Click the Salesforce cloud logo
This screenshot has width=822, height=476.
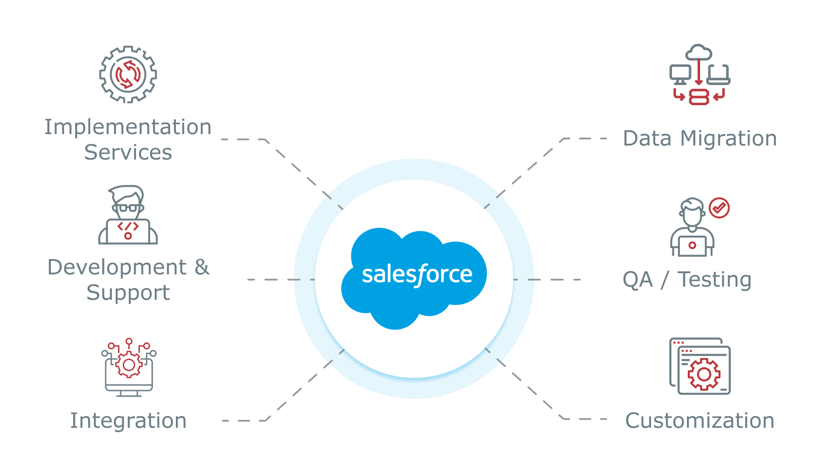[x=414, y=277]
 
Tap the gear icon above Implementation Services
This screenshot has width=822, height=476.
[x=128, y=75]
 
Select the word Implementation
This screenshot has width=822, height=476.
[x=128, y=127]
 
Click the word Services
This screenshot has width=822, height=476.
[x=128, y=153]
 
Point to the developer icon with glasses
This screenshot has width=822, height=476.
[x=128, y=214]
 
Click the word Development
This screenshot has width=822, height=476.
[x=117, y=267]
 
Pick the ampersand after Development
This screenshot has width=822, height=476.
[x=202, y=267]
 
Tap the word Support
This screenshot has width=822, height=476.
[x=128, y=293]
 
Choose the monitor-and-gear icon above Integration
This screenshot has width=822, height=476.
[x=129, y=368]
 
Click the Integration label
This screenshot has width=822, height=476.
[x=129, y=421]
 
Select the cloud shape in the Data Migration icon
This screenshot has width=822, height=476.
[x=699, y=53]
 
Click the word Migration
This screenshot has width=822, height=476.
[x=729, y=139]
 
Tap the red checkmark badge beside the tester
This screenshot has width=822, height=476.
[x=719, y=208]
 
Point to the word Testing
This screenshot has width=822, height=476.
[x=715, y=280]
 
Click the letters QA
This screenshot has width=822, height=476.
[x=638, y=280]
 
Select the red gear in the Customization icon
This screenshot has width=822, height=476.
[x=704, y=374]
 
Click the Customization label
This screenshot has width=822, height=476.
[x=700, y=421]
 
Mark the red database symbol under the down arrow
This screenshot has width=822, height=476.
[x=699, y=97]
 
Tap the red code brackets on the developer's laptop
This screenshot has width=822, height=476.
[x=128, y=226]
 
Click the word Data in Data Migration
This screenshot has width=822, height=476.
[x=647, y=139]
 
